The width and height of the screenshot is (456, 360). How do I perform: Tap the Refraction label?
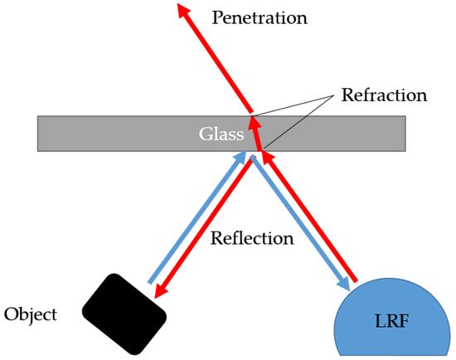coord(384,95)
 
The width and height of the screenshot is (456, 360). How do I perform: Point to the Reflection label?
coord(253,238)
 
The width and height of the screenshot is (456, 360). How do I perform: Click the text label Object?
coord(31,314)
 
